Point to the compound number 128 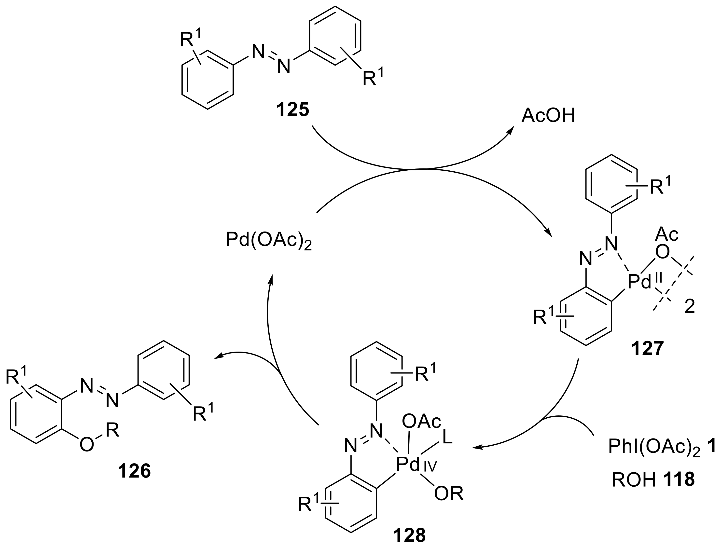[409, 535]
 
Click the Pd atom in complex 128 [408, 465]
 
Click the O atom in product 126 [87, 445]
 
